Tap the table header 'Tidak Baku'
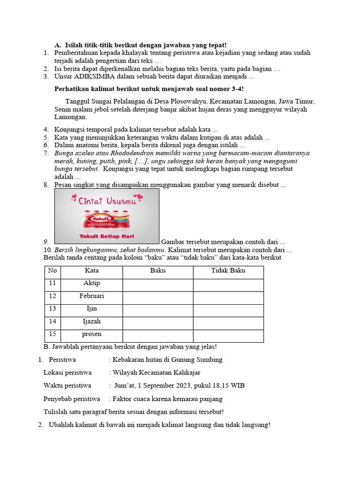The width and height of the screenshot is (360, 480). pyautogui.click(x=228, y=270)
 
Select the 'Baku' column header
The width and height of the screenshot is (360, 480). pyautogui.click(x=157, y=270)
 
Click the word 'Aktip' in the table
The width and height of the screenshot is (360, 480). pyautogui.click(x=91, y=283)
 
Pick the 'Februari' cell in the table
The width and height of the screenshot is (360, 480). pyautogui.click(x=91, y=296)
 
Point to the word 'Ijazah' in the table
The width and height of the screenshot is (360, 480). pyautogui.click(x=91, y=321)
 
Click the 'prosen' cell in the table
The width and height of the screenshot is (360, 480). pyautogui.click(x=91, y=334)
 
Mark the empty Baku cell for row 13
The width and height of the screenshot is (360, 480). pyautogui.click(x=157, y=308)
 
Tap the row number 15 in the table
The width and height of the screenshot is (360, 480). pyautogui.click(x=52, y=334)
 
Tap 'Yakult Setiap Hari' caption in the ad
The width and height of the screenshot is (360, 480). pyautogui.click(x=106, y=236)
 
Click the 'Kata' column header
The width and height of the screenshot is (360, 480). pyautogui.click(x=91, y=270)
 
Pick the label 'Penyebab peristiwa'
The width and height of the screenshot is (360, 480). pyautogui.click(x=72, y=399)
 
